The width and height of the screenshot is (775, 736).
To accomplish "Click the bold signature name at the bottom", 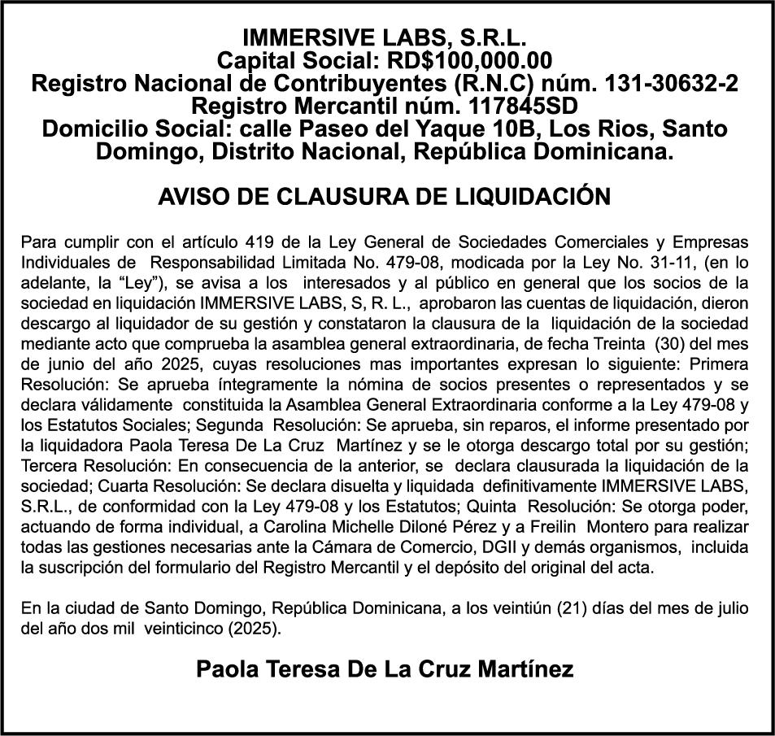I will tap(385, 669).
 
